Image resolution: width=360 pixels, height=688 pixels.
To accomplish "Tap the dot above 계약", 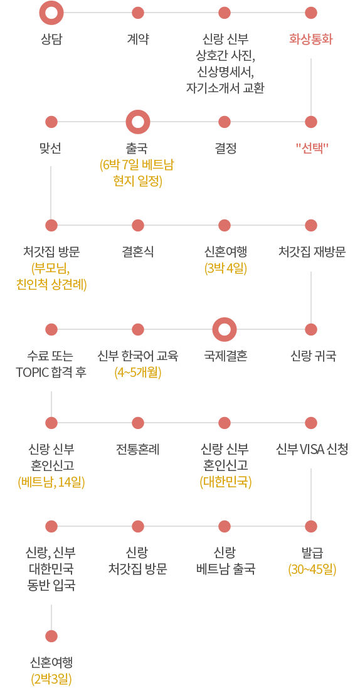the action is coord(138,13).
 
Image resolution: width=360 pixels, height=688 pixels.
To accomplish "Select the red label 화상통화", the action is coord(311,40).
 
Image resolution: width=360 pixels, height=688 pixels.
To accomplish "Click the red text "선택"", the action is coord(311,149).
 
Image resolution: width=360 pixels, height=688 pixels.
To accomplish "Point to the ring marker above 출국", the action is coord(138,112).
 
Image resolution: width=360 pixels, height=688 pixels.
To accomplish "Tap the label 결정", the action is coord(225,149).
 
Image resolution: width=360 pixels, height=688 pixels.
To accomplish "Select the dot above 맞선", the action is coord(51,122).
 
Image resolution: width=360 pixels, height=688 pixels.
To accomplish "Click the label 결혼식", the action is coord(138,252).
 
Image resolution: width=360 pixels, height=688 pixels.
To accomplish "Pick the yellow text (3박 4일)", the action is coord(225,268).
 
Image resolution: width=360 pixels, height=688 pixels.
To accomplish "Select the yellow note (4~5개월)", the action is coord(138,373).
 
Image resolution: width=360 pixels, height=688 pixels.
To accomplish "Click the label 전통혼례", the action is coord(138,450).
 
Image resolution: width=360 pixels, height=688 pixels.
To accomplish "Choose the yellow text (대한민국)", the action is coord(225,482).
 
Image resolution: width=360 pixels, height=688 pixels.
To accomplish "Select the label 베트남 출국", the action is coord(225,570).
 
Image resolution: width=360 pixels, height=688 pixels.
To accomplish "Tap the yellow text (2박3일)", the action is coord(51,679).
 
